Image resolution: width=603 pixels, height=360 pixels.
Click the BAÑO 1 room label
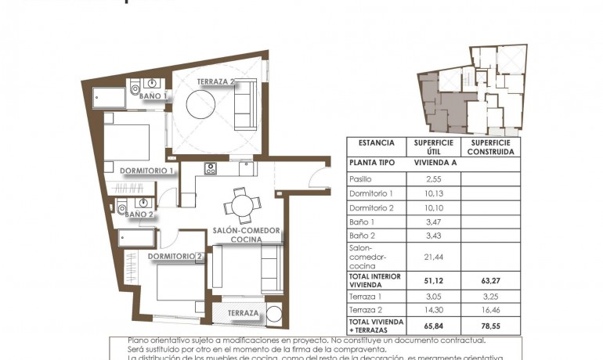pos(154,96)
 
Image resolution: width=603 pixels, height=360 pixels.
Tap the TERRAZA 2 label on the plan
pos(216,81)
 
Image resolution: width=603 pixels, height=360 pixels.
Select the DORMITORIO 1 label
pos(146,170)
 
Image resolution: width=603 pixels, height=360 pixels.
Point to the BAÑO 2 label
pos(139,214)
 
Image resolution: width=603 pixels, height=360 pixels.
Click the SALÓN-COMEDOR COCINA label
pos(247,234)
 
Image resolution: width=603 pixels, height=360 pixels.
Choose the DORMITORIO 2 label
pos(175,256)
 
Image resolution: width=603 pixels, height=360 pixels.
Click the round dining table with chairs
pos(241,207)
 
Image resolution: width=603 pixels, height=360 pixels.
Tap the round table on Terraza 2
pos(200,103)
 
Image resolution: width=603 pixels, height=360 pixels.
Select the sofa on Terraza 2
pos(245,105)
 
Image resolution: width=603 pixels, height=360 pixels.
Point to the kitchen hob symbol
pos(210,168)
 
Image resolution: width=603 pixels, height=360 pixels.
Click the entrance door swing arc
pos(320,178)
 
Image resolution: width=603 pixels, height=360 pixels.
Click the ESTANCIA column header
pos(376,143)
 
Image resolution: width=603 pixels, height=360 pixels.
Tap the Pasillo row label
pos(361,179)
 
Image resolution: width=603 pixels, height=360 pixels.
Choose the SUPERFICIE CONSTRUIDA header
pos(490,147)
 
